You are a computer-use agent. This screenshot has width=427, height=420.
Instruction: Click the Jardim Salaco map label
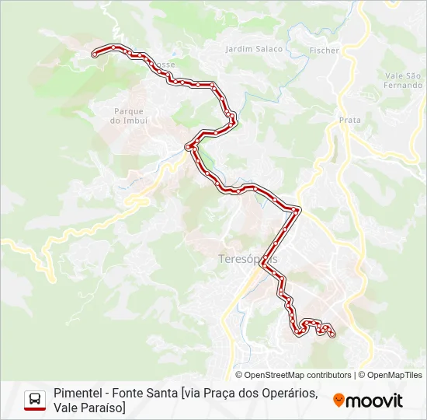[254, 48]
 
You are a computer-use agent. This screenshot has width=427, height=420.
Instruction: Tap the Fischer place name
[324, 50]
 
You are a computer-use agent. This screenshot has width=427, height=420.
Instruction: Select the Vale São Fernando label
[402, 79]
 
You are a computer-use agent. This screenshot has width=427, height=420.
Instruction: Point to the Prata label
[350, 120]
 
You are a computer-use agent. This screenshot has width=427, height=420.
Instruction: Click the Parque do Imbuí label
[128, 116]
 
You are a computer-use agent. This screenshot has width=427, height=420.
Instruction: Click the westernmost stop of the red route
[95, 54]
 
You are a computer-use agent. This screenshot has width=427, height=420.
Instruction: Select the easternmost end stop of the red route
[333, 335]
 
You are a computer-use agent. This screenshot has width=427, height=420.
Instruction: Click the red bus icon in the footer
[35, 400]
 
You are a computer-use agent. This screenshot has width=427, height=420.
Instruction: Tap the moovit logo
[368, 401]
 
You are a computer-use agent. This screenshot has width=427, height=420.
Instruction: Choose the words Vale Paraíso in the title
[88, 408]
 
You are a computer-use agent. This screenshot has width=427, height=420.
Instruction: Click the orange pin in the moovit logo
[338, 401]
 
